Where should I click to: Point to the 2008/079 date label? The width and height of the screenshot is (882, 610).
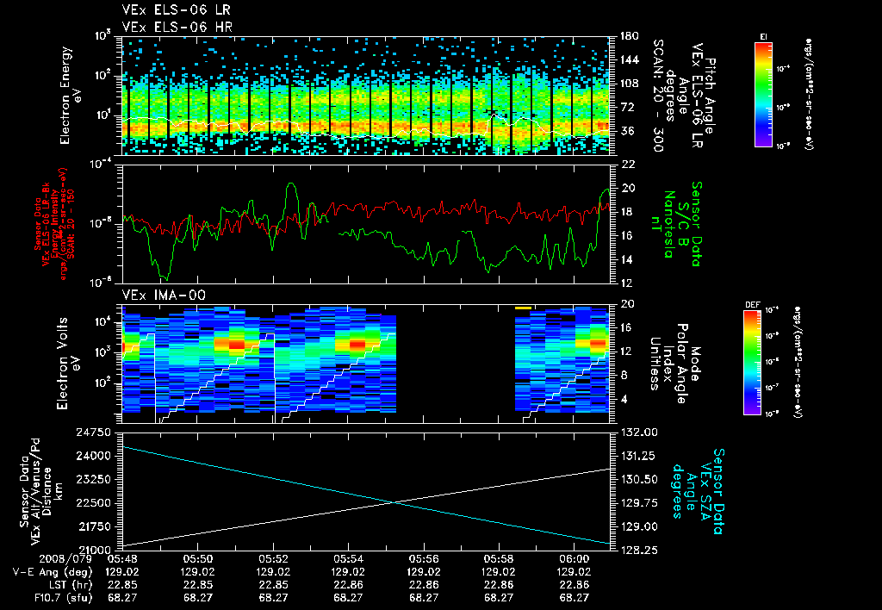[31, 559]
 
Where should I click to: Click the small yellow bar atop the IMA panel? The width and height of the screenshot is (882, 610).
[523, 307]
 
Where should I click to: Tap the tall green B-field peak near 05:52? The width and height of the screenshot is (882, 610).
[292, 184]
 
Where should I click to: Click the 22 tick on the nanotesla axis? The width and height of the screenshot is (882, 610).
[627, 164]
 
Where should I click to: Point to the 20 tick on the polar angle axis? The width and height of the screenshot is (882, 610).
[627, 304]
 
